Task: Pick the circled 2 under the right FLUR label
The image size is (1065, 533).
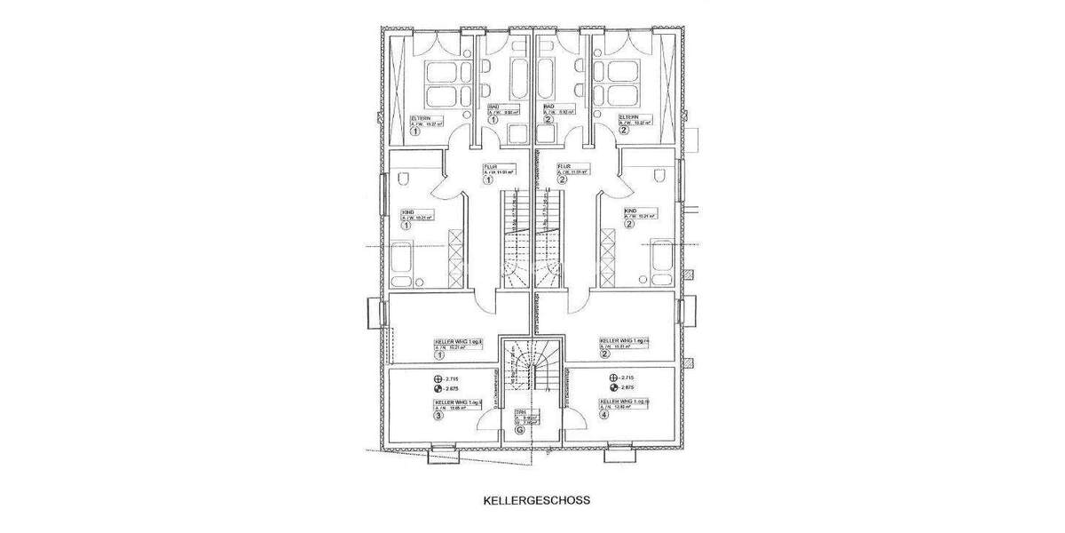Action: pos(562,179)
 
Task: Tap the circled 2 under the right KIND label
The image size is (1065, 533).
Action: pos(629,225)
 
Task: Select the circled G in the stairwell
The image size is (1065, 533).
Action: pos(519,431)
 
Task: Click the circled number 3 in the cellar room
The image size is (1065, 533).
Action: pos(438,415)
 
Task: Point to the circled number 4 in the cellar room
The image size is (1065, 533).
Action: pos(604,414)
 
